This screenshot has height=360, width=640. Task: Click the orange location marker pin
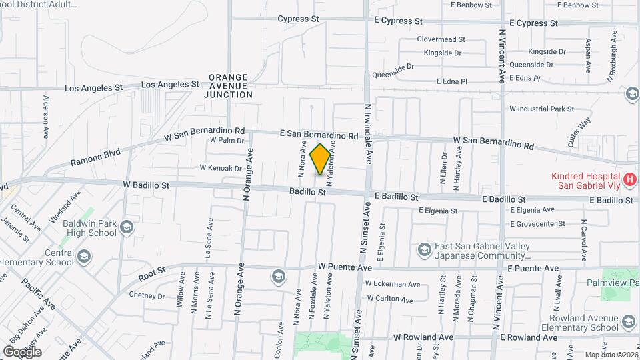[321, 159]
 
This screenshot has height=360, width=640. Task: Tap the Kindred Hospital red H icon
[629, 179]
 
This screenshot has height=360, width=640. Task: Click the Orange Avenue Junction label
[227, 86]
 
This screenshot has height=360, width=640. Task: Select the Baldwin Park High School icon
[126, 229]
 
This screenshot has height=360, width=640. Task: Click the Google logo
[21, 351]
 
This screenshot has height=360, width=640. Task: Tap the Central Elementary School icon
[84, 257]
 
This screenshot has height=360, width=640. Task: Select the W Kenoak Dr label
[220, 168]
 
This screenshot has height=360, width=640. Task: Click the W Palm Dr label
[227, 140]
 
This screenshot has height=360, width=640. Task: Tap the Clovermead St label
[441, 39]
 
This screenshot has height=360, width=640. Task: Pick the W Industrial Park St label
[541, 109]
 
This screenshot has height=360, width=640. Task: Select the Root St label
[152, 273]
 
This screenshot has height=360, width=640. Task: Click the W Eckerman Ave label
[392, 283]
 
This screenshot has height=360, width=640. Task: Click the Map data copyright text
[611, 354]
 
